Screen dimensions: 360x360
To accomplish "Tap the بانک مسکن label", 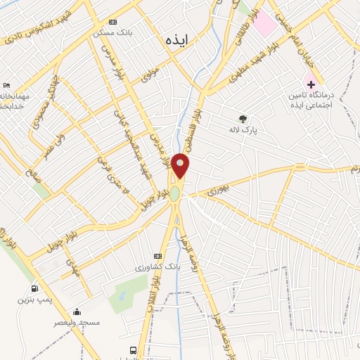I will (x=113, y=33).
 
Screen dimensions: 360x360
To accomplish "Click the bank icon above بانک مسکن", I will (x=115, y=22).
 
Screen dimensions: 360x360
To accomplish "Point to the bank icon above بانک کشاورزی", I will (x=157, y=257).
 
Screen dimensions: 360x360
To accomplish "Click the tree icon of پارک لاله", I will (x=243, y=119).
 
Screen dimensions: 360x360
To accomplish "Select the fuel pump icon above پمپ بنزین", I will (x=34, y=289).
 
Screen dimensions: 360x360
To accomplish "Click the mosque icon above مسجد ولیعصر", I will (x=77, y=311).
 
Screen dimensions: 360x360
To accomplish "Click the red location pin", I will (x=181, y=166).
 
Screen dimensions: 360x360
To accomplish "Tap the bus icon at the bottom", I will (x=133, y=350).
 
